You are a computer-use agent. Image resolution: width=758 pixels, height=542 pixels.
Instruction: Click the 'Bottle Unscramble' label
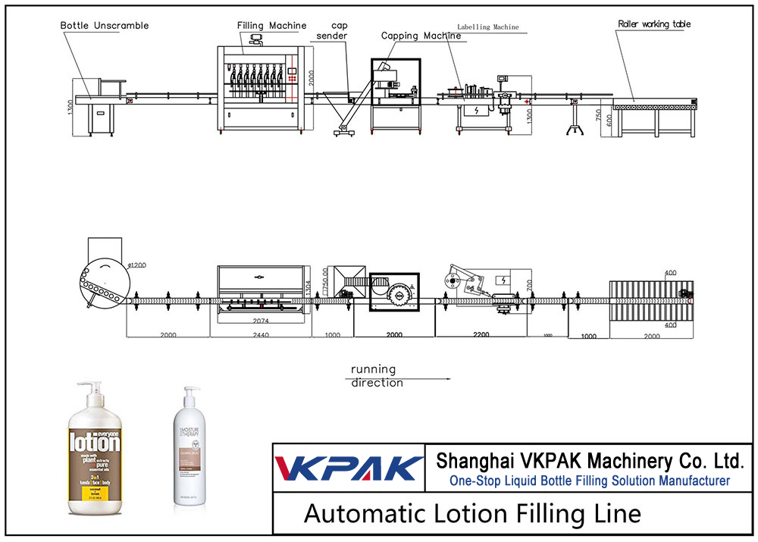pyautogui.click(x=105, y=25)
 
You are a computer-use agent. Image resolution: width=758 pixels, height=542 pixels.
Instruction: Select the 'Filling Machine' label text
pyautogui.click(x=271, y=26)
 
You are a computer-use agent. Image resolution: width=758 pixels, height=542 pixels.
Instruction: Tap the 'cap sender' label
pyautogui.click(x=331, y=30)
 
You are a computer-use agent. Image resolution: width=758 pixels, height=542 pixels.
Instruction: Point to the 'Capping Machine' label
pyautogui.click(x=421, y=36)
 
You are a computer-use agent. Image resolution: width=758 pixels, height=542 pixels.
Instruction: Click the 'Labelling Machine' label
pyautogui.click(x=487, y=27)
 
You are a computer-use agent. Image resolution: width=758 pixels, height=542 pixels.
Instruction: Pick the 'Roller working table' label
pyautogui.click(x=654, y=24)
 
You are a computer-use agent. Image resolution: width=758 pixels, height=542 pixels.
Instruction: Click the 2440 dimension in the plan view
pyautogui.click(x=262, y=334)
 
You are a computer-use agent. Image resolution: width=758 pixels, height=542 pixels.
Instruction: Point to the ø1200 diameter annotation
pyautogui.click(x=136, y=265)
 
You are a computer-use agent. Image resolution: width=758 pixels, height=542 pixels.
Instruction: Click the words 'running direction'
pyautogui.click(x=376, y=376)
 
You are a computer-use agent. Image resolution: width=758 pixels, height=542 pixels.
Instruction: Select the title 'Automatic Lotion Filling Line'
pyautogui.click(x=472, y=514)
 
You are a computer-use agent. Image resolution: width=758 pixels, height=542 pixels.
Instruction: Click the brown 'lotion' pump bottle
pyautogui.click(x=95, y=447)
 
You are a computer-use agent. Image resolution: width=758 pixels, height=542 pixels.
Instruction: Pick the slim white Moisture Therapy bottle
pyautogui.click(x=187, y=447)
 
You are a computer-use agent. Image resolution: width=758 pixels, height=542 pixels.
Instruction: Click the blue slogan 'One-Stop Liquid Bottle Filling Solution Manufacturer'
pyautogui.click(x=590, y=481)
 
